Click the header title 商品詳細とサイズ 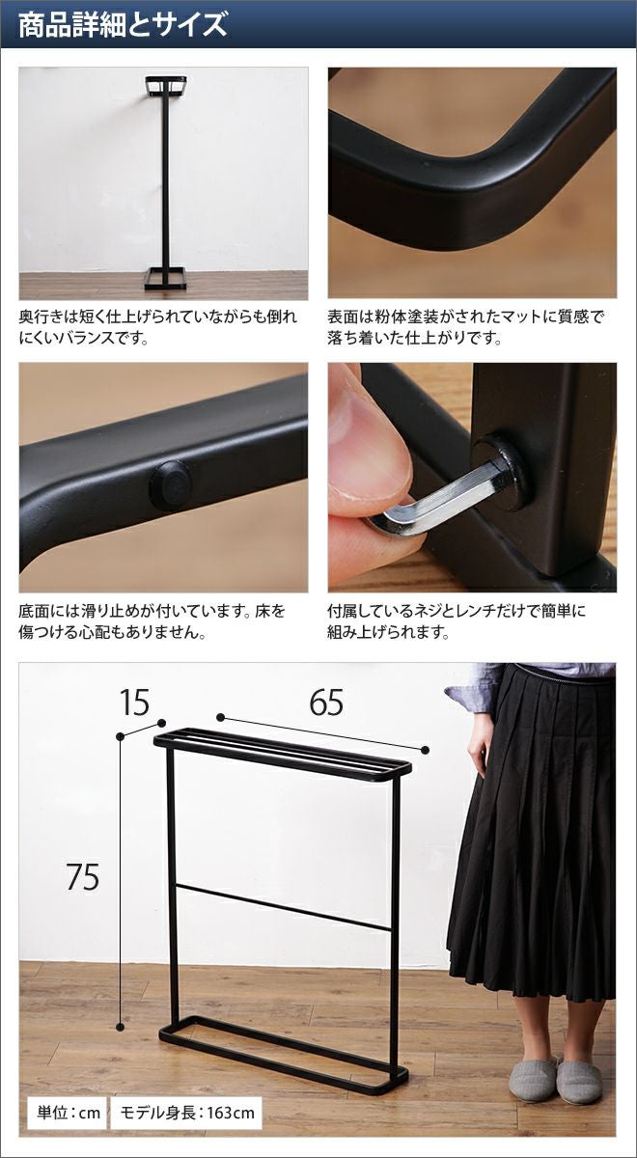point(123,26)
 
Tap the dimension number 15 point(134,703)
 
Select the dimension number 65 point(326,703)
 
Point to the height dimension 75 point(83,876)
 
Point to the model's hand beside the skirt point(480,739)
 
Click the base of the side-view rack point(165,278)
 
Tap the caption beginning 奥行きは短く point(157,327)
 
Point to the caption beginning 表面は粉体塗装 point(465,327)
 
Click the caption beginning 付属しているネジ point(457,621)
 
